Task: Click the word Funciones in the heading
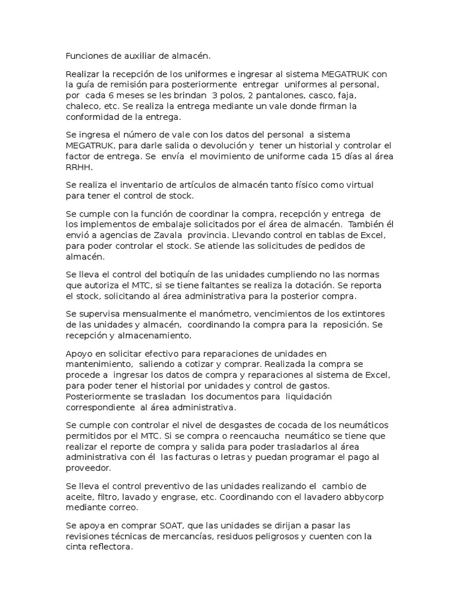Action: [x=86, y=56]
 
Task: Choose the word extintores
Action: [x=363, y=314]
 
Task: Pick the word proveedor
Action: [x=89, y=468]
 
